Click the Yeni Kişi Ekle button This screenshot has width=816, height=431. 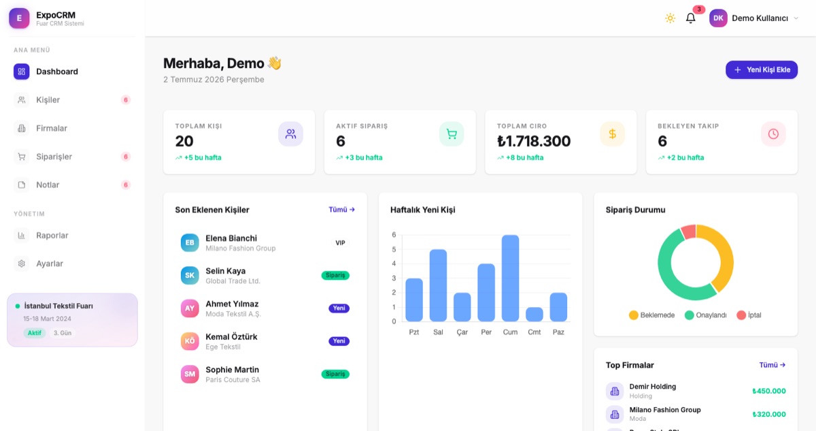click(762, 69)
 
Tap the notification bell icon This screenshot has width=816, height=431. click(690, 18)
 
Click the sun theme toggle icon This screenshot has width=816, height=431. click(670, 18)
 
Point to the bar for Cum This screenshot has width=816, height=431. click(510, 278)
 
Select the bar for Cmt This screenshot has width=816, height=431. click(534, 315)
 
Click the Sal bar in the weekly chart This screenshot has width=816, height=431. click(438, 285)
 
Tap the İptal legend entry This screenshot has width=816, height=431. click(749, 315)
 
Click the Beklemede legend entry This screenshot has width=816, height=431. click(651, 315)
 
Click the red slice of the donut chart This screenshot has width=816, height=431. click(688, 232)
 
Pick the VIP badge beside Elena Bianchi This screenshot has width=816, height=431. click(340, 243)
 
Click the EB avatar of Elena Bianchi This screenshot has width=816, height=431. click(190, 243)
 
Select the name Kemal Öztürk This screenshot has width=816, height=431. click(231, 336)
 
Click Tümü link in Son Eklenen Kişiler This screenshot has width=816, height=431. click(341, 210)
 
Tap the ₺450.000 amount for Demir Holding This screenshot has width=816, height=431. click(769, 391)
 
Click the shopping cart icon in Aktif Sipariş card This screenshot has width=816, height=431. click(452, 134)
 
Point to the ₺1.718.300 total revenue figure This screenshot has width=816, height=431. click(534, 141)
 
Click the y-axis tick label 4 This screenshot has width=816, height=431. click(394, 264)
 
